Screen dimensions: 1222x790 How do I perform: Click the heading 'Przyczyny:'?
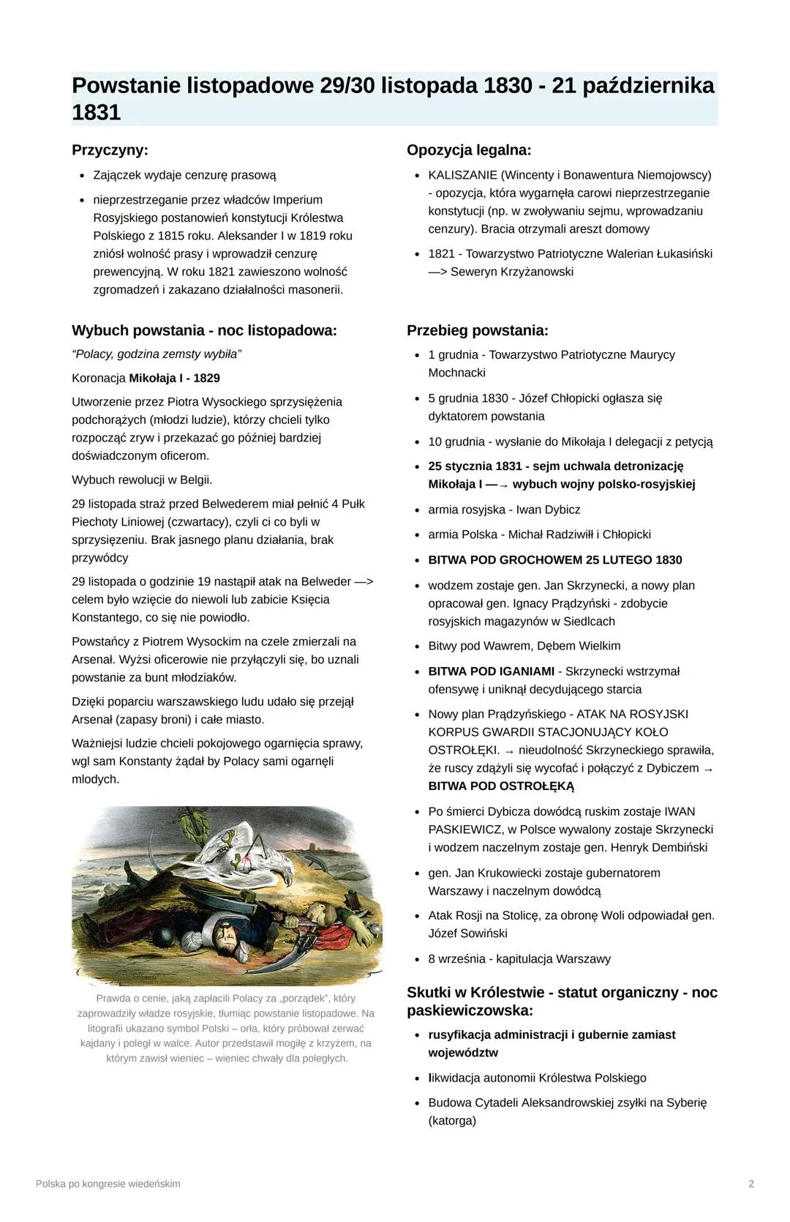pos(110,150)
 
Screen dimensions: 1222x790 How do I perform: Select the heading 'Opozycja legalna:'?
pos(469,150)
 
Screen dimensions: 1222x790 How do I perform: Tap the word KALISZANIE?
pos(462,175)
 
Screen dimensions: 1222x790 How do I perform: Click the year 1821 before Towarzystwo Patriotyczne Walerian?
pos(443,254)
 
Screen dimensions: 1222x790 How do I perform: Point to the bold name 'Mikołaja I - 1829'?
pos(174,378)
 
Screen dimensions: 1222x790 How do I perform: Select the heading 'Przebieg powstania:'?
pos(477,330)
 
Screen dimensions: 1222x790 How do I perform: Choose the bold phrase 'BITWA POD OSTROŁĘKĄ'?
pos(501,786)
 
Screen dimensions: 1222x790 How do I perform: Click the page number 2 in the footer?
pos(751,1184)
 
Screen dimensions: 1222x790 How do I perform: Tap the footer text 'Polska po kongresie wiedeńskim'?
pos(108,1184)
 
